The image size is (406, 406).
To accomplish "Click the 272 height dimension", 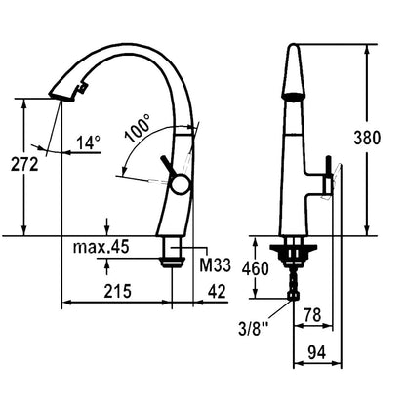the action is [x=24, y=164].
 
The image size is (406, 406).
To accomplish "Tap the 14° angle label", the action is [x=89, y=142].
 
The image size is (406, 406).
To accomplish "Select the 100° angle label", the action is [x=138, y=128].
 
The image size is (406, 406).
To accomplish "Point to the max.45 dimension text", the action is [x=101, y=247].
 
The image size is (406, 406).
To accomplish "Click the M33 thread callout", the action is [x=215, y=265].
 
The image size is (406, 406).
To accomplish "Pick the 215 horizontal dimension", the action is [x=117, y=291].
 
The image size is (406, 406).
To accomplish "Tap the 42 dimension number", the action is [x=217, y=291].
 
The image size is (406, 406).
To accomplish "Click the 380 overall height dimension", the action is [x=367, y=138].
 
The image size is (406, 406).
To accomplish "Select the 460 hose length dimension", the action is [x=256, y=268].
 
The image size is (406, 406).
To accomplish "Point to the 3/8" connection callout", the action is [x=251, y=329].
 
